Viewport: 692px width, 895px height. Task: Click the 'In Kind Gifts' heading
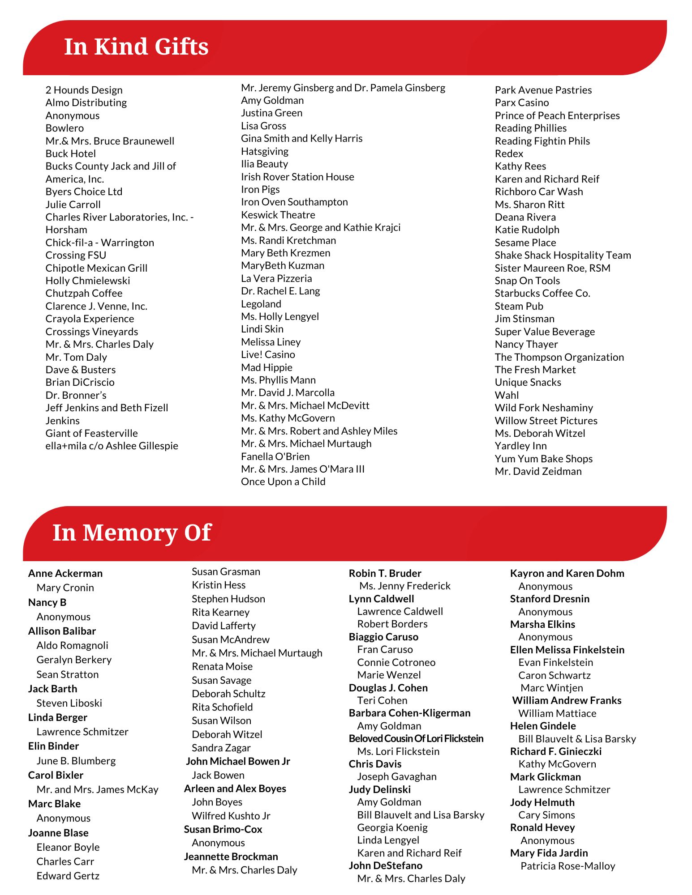136,47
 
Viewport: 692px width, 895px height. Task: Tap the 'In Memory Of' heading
132,533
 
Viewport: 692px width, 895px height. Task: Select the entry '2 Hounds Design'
84,90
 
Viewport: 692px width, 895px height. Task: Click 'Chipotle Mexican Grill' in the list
96,268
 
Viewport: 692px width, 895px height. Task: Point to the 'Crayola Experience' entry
90,319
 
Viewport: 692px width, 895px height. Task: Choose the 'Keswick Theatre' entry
278,215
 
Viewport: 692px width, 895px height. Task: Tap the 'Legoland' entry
261,304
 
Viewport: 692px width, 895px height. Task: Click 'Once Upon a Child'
283,482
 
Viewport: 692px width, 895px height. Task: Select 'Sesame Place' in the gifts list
525,243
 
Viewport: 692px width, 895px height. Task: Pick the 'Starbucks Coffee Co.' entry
542,293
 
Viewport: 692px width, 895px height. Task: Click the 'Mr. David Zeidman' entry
538,471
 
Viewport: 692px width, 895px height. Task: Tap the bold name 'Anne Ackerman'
65,573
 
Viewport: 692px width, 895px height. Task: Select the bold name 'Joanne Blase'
58,833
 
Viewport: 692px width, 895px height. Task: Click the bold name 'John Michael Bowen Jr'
238,761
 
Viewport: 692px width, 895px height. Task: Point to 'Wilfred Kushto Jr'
231,816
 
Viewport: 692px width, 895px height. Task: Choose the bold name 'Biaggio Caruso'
383,637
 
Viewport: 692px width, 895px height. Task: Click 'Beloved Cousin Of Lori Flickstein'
416,738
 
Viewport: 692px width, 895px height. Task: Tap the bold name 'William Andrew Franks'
567,700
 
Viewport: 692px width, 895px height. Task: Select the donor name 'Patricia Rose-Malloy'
567,866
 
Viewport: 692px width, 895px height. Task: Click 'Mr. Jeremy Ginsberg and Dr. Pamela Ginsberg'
343,88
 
